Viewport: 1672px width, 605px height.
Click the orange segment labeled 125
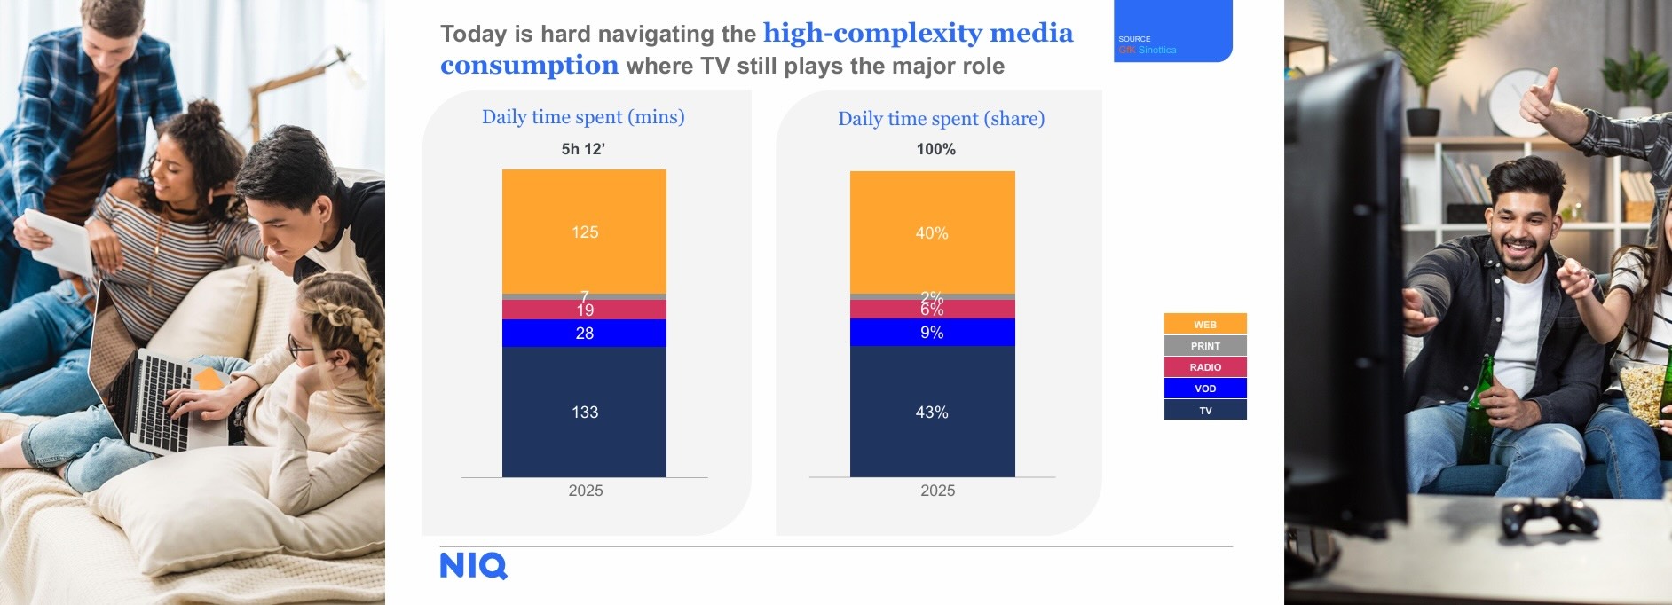tap(584, 232)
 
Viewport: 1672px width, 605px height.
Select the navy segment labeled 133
tap(584, 412)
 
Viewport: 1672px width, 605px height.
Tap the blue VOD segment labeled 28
tap(584, 333)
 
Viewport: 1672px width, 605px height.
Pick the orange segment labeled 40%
tap(932, 232)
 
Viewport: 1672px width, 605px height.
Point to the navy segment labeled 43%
tap(932, 412)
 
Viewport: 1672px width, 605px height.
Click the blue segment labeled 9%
tap(932, 332)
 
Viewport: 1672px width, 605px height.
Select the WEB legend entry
tap(1205, 324)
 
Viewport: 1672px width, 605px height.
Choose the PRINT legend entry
tap(1205, 345)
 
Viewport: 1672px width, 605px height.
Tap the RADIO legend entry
tap(1205, 366)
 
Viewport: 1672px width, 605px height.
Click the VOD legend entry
tap(1205, 388)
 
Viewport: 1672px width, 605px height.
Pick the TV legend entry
tap(1205, 410)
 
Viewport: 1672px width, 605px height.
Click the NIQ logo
tap(473, 566)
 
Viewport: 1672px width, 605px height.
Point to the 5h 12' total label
tap(583, 149)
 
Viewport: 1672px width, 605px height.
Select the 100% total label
tap(936, 149)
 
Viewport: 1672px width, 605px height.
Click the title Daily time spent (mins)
tap(583, 117)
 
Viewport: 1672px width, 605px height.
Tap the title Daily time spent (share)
tap(941, 119)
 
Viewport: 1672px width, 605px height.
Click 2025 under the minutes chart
tap(586, 491)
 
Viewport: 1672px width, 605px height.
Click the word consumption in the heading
tap(529, 65)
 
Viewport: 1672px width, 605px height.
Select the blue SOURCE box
tap(1172, 31)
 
